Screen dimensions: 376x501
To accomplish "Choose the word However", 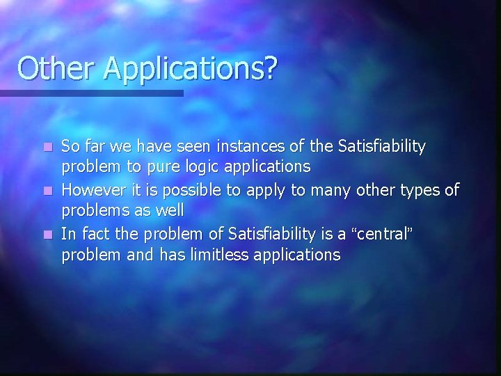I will (x=90, y=189).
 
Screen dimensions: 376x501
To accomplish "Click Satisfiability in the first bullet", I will (x=381, y=146).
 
